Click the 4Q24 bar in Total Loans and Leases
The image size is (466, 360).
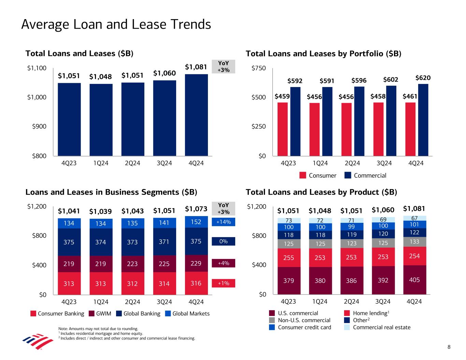196,115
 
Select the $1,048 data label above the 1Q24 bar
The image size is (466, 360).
101,77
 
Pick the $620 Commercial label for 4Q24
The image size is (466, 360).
423,78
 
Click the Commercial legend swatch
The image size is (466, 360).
348,175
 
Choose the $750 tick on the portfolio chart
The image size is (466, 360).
259,68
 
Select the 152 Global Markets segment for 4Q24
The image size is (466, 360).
196,222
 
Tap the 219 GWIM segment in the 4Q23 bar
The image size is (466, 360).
69,264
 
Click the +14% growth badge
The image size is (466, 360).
224,222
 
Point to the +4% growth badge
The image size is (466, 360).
224,263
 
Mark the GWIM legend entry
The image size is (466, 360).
100,314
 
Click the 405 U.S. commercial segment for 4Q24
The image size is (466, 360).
414,280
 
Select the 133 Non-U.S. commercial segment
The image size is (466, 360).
414,242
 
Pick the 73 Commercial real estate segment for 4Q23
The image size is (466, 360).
288,220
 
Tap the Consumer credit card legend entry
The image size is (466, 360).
300,327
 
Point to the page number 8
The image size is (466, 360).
449,347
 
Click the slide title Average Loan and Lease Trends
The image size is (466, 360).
116,25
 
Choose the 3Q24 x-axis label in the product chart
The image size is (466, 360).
383,302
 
